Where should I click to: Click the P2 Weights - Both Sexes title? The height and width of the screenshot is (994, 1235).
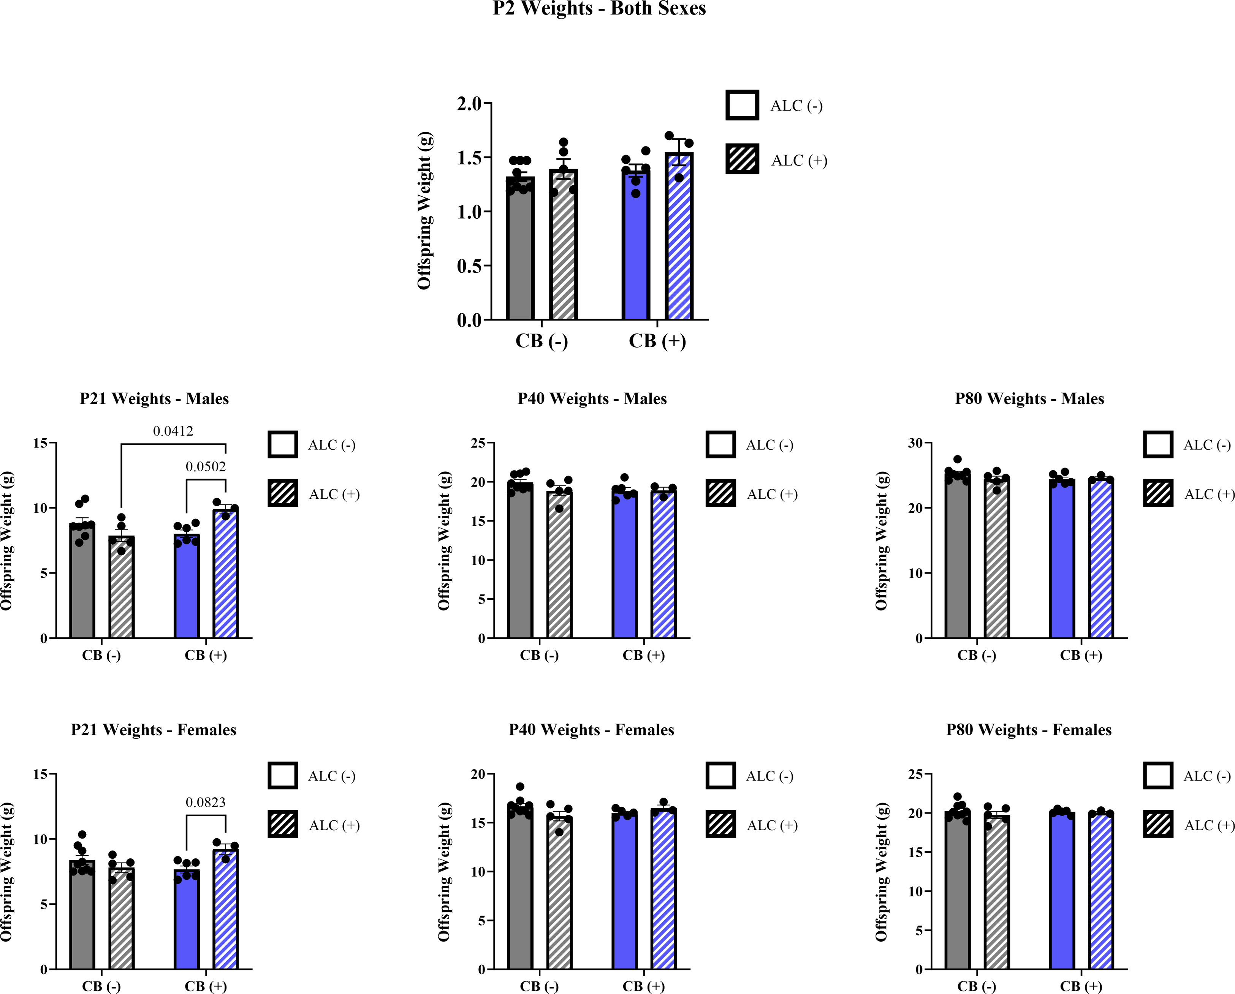pyautogui.click(x=599, y=9)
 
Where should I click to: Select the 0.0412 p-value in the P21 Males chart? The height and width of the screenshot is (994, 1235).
pyautogui.click(x=173, y=431)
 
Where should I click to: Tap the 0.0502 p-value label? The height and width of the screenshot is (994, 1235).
pyautogui.click(x=206, y=467)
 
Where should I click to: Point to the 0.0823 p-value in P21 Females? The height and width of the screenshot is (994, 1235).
pyautogui.click(x=206, y=802)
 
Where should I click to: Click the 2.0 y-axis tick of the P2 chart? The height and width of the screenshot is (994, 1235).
pyautogui.click(x=469, y=104)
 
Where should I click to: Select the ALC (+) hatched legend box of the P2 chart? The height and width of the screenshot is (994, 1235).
pyautogui.click(x=743, y=159)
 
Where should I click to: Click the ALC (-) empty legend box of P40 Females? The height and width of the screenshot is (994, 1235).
pyautogui.click(x=720, y=776)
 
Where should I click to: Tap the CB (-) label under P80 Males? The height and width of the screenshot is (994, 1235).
pyautogui.click(x=977, y=656)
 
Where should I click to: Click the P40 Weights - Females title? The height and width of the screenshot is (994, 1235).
pyautogui.click(x=592, y=730)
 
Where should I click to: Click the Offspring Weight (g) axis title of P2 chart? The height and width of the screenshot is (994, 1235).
pyautogui.click(x=424, y=211)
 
